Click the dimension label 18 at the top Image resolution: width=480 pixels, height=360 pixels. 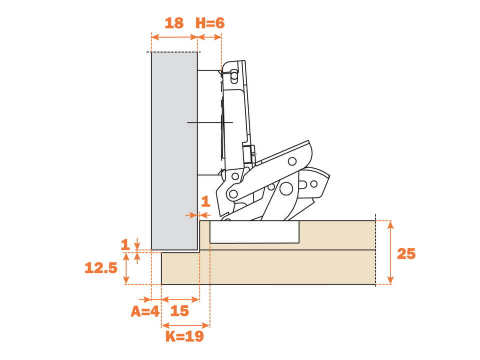point(174,23)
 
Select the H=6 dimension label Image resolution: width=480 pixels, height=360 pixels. point(210,23)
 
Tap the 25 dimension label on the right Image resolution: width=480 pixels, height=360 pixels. point(406,253)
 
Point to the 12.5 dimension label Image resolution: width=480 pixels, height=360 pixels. point(101,268)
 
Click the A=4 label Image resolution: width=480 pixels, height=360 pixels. point(145,311)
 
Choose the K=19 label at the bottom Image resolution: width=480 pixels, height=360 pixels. point(184,336)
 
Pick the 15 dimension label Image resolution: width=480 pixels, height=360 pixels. point(179,311)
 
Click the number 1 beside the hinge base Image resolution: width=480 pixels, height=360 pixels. point(205,201)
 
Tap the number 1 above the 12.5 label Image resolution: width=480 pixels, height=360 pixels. point(125,244)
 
